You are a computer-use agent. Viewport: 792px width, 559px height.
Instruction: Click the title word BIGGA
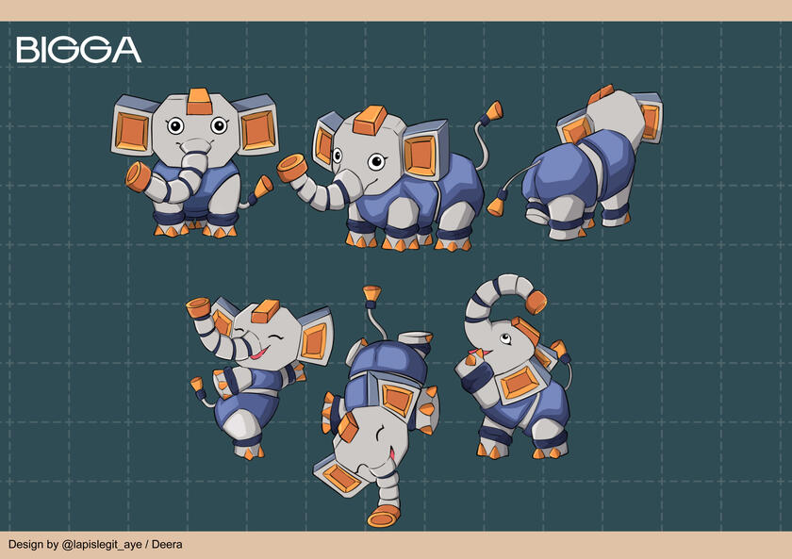pos(78,49)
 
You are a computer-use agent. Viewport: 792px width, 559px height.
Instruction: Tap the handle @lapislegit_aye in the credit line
pos(101,545)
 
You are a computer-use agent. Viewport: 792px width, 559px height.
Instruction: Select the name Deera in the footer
pos(167,544)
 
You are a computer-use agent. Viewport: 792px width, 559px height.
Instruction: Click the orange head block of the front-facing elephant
pos(199,102)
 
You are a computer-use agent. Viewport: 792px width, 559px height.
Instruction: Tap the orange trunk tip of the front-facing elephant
pos(138,176)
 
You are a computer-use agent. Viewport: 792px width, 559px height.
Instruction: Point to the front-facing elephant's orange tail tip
pos(263,187)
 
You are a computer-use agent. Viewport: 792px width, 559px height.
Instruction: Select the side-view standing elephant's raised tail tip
pos(494,110)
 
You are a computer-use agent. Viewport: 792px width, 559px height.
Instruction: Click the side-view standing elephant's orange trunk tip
pos(292,168)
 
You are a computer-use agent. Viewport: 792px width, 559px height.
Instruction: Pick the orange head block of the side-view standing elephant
pos(371,120)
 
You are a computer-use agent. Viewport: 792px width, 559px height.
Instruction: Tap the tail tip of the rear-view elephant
pos(496,206)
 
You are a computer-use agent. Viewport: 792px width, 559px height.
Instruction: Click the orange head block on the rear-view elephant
pos(601,94)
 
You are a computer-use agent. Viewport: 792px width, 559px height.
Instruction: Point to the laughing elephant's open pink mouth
pos(259,353)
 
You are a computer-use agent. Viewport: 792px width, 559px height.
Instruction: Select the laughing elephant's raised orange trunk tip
pos(198,307)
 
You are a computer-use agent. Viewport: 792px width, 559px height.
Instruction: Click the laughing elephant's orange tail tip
pos(196,384)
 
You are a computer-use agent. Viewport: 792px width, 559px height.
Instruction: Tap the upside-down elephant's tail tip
pos(372,294)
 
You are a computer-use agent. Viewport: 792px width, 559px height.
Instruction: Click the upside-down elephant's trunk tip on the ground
pos(384,516)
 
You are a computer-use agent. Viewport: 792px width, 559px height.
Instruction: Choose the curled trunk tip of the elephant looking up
pos(536,302)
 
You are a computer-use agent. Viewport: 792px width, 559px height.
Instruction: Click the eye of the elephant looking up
pos(504,337)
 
